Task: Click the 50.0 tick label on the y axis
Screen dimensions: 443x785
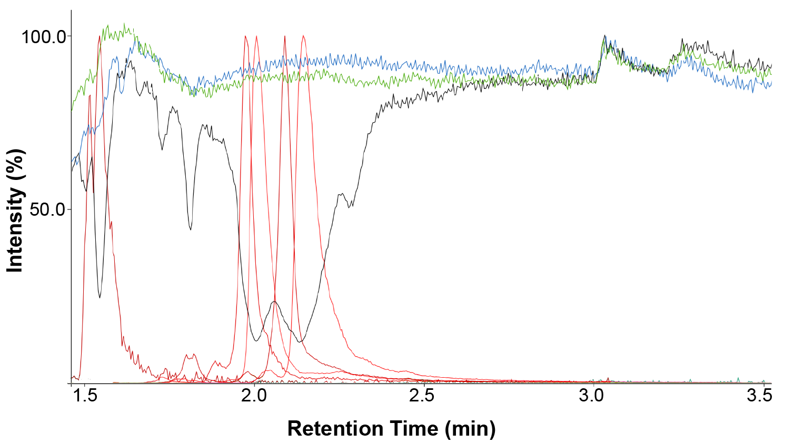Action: pyautogui.click(x=47, y=210)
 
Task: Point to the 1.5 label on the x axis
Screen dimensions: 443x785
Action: pyautogui.click(x=85, y=396)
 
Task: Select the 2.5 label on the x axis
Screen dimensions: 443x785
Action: pyautogui.click(x=422, y=396)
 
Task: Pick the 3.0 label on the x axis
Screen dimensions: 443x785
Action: pyautogui.click(x=592, y=396)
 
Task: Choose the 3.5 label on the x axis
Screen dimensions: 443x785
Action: pyautogui.click(x=759, y=396)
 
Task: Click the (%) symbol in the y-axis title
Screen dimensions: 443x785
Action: pyautogui.click(x=15, y=164)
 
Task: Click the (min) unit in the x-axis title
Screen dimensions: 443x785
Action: pyautogui.click(x=470, y=429)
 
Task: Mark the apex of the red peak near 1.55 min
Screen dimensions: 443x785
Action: pyautogui.click(x=99, y=36)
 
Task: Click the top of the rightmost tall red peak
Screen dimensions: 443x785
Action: pyautogui.click(x=303, y=36)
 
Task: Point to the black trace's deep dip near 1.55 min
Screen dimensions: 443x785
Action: pyautogui.click(x=100, y=297)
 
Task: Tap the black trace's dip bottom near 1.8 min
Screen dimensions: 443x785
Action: pyautogui.click(x=190, y=229)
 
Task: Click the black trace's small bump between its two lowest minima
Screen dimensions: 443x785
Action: pyautogui.click(x=274, y=302)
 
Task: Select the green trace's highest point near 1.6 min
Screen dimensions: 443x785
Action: pyautogui.click(x=124, y=24)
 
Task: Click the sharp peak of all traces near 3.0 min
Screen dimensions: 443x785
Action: pyautogui.click(x=605, y=36)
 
